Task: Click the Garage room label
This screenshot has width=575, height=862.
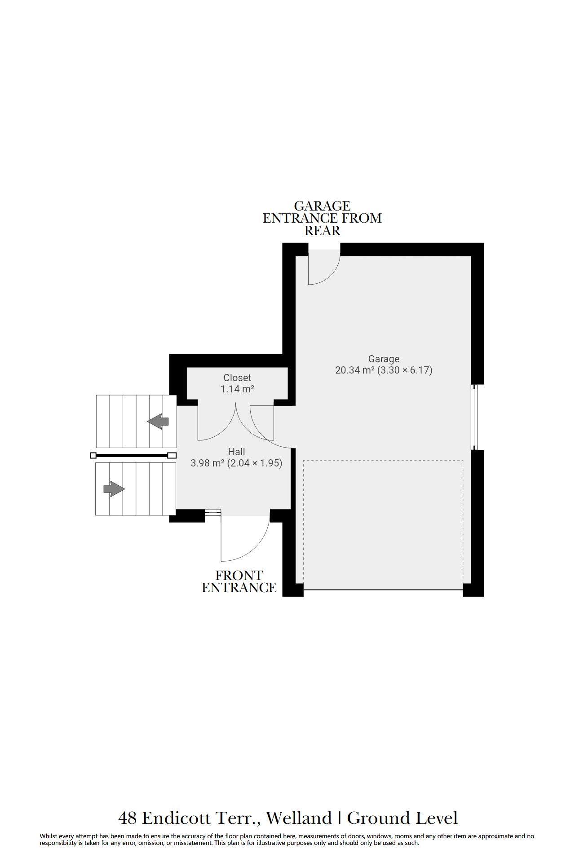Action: click(384, 359)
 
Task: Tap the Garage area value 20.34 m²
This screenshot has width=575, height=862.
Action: click(355, 370)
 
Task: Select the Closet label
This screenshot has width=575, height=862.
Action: click(237, 378)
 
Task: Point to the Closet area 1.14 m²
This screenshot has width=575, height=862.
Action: click(237, 389)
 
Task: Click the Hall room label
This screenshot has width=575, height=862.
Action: click(236, 452)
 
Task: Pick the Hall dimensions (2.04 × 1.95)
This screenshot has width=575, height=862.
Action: click(255, 463)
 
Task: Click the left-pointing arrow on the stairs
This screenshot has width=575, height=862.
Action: click(158, 422)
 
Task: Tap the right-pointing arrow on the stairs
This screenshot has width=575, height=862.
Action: click(114, 488)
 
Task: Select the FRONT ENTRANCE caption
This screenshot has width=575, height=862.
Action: click(239, 581)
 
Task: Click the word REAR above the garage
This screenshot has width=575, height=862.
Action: click(323, 231)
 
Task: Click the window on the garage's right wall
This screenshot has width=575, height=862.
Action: click(474, 417)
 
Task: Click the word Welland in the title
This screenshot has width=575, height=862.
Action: click(299, 818)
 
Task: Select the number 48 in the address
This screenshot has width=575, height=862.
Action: click(127, 818)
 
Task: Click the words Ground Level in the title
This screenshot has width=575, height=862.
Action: click(402, 818)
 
